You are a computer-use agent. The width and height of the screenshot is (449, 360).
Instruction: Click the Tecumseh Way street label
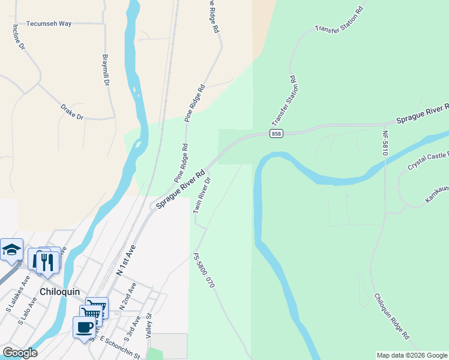(49, 23)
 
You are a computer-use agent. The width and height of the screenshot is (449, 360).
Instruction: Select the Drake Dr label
(71, 112)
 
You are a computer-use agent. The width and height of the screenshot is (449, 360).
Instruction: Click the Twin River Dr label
(202, 195)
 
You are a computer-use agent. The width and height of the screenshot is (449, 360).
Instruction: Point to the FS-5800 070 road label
(203, 270)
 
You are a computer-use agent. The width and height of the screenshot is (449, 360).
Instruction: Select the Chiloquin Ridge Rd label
(391, 316)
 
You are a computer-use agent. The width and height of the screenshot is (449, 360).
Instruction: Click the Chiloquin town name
(60, 292)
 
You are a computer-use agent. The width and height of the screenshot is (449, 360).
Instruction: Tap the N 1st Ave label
(127, 259)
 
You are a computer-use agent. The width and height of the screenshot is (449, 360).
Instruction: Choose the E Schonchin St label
(120, 347)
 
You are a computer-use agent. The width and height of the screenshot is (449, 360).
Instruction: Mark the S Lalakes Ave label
(18, 292)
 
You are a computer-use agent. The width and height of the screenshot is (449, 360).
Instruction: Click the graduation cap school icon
(11, 249)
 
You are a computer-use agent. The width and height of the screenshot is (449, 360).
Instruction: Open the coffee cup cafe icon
(84, 327)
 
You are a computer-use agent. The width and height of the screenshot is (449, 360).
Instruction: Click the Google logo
(20, 353)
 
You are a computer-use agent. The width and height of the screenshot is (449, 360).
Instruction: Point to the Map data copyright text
(412, 355)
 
